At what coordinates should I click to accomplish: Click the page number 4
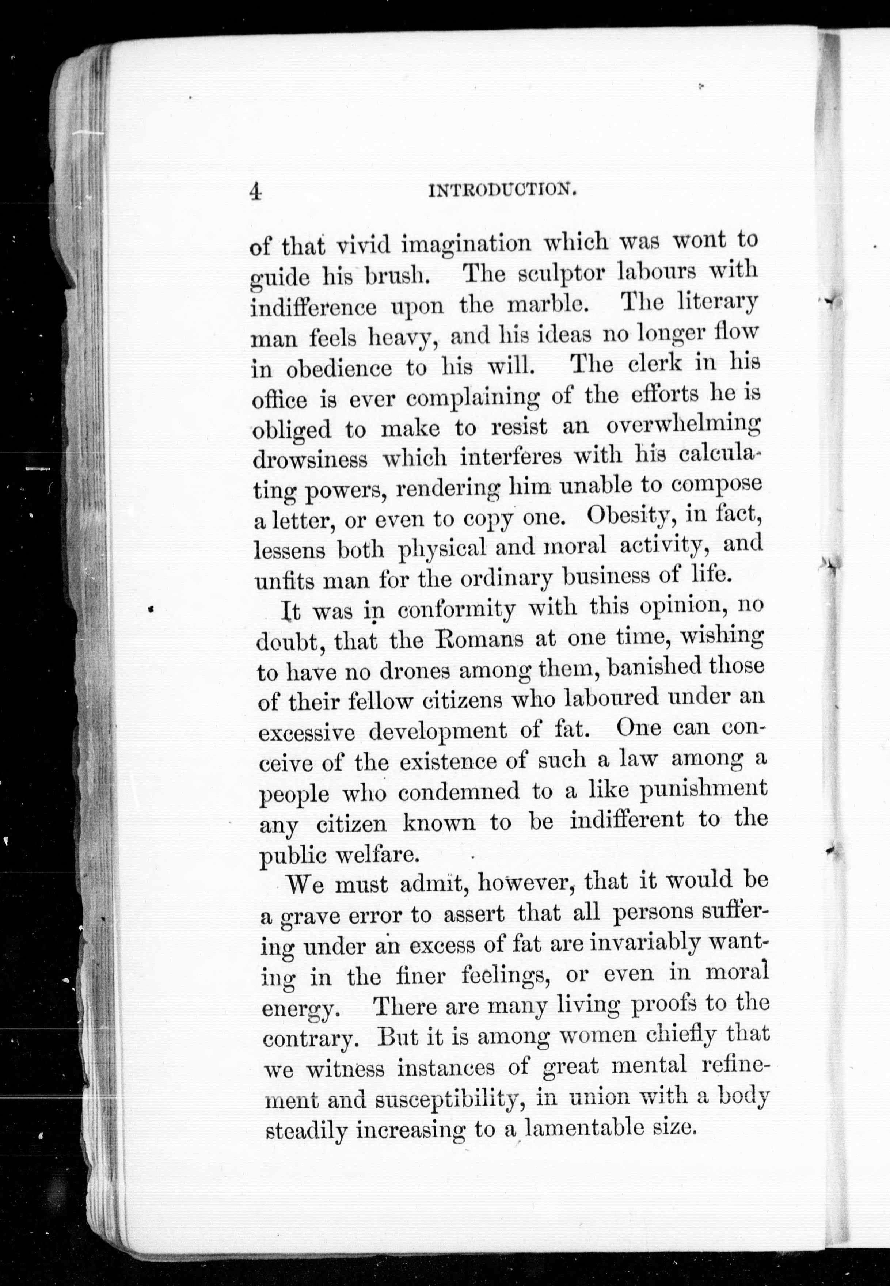click(x=255, y=191)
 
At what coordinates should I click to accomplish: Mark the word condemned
click(x=459, y=792)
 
